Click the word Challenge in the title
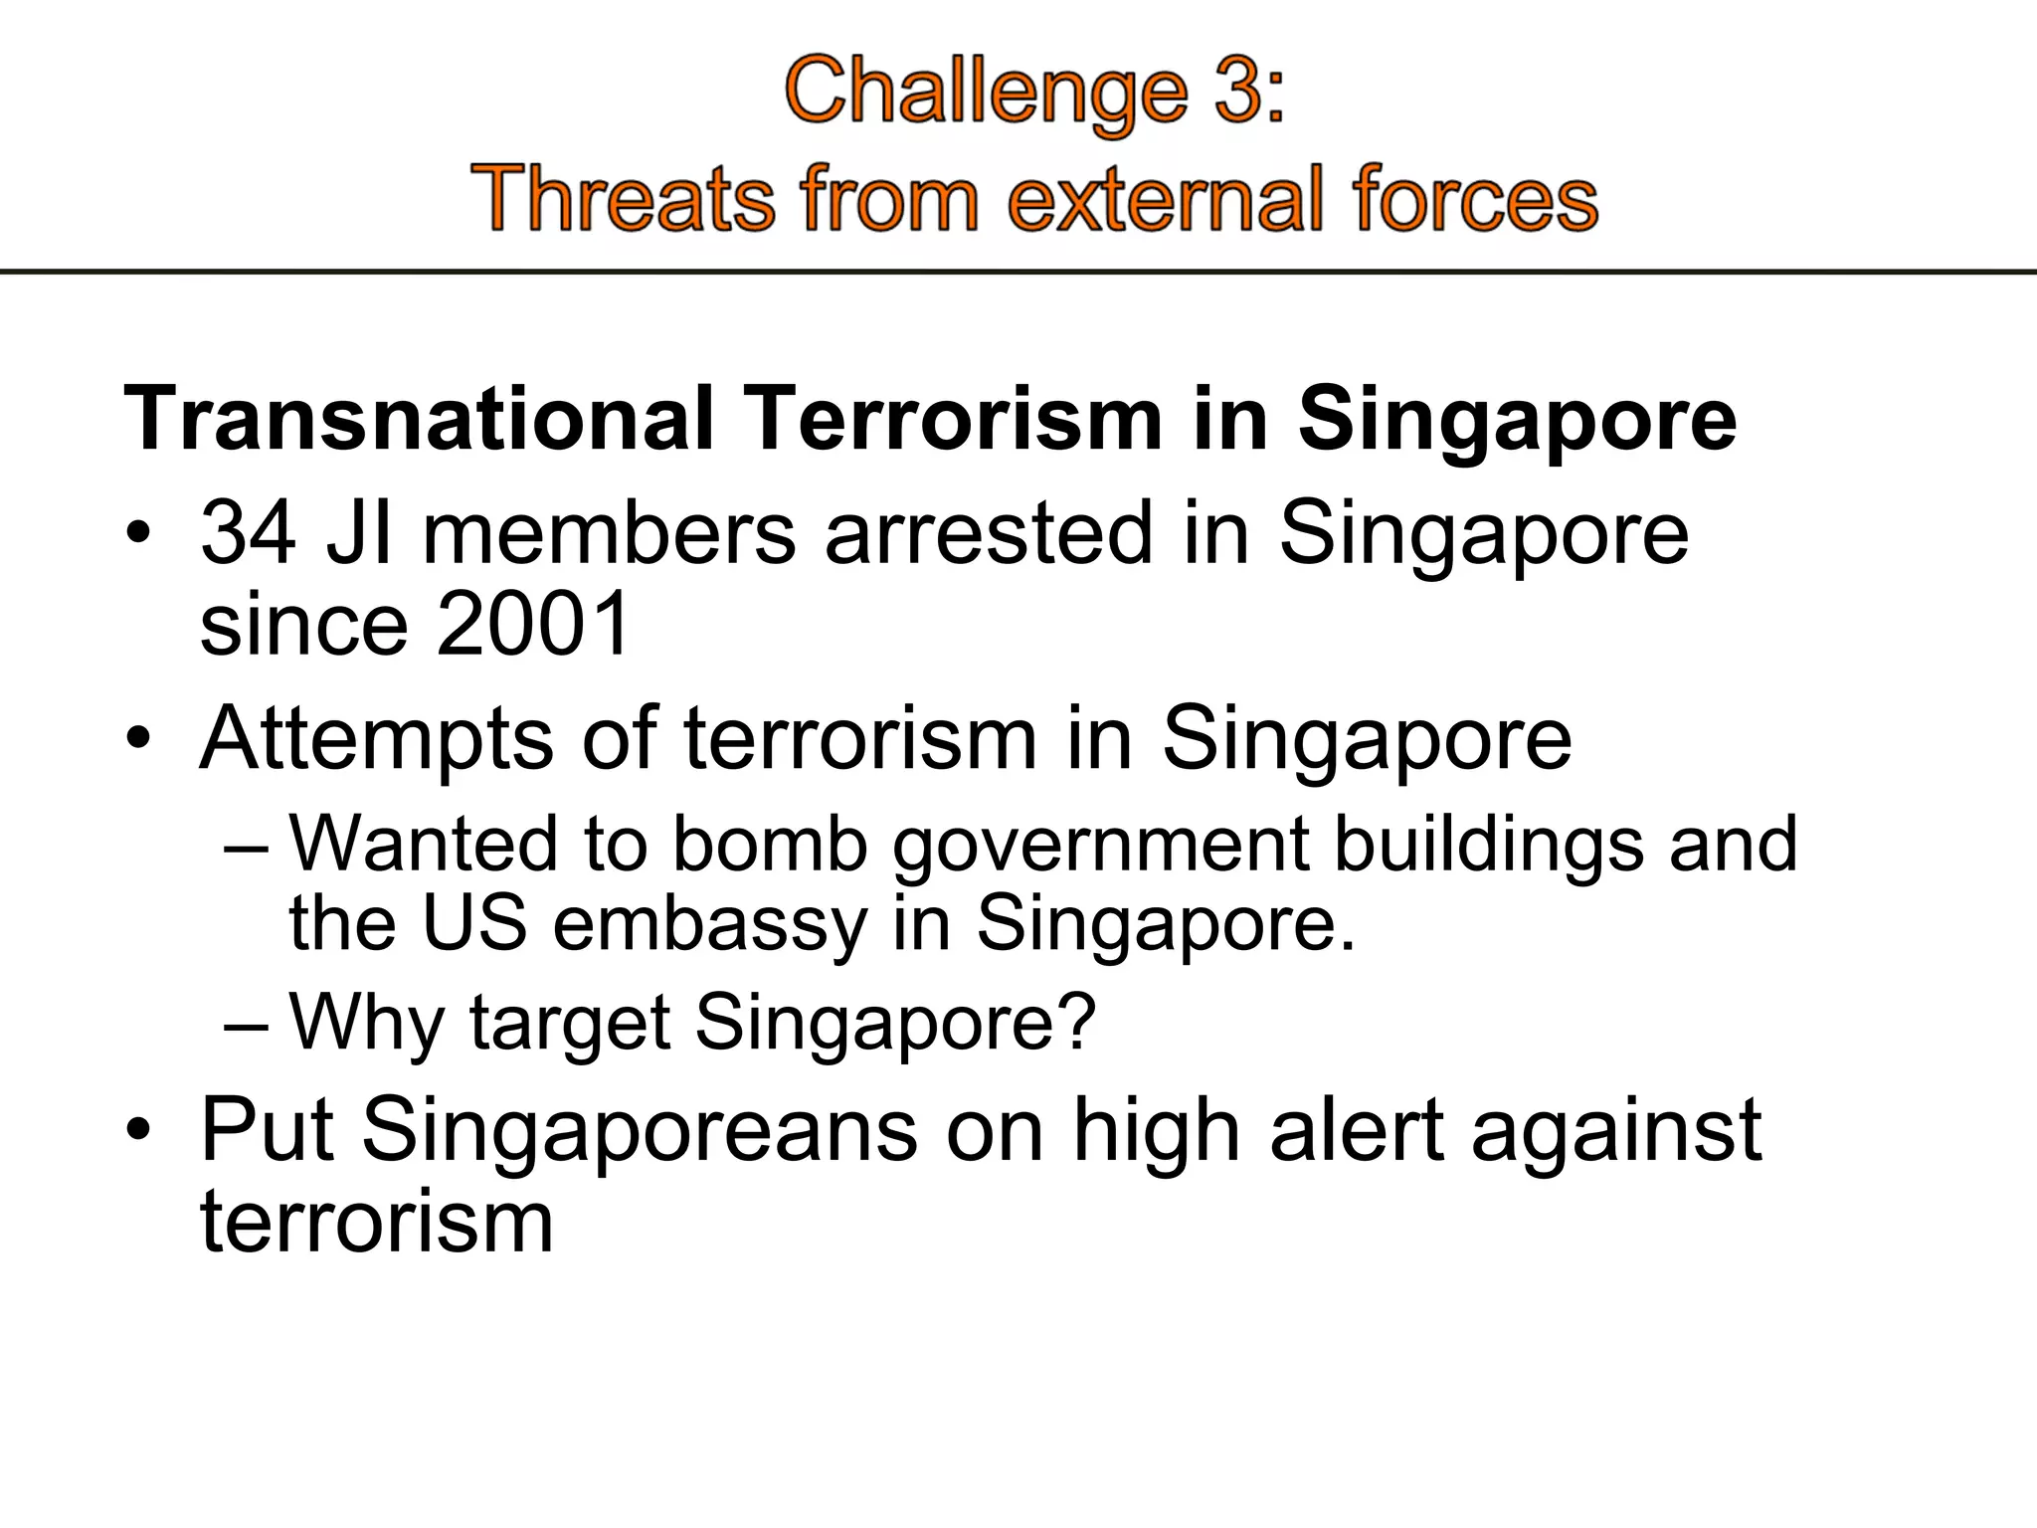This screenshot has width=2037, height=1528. pyautogui.click(x=986, y=94)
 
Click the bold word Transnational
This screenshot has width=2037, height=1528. pyautogui.click(x=419, y=419)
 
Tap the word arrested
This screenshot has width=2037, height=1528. pyautogui.click(x=988, y=533)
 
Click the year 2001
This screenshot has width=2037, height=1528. pyautogui.click(x=532, y=625)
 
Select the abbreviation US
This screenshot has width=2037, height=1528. pyautogui.click(x=474, y=923)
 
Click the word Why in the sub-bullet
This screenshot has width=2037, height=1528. pyautogui.click(x=366, y=1023)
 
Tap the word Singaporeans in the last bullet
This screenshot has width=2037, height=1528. pyautogui.click(x=640, y=1131)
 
